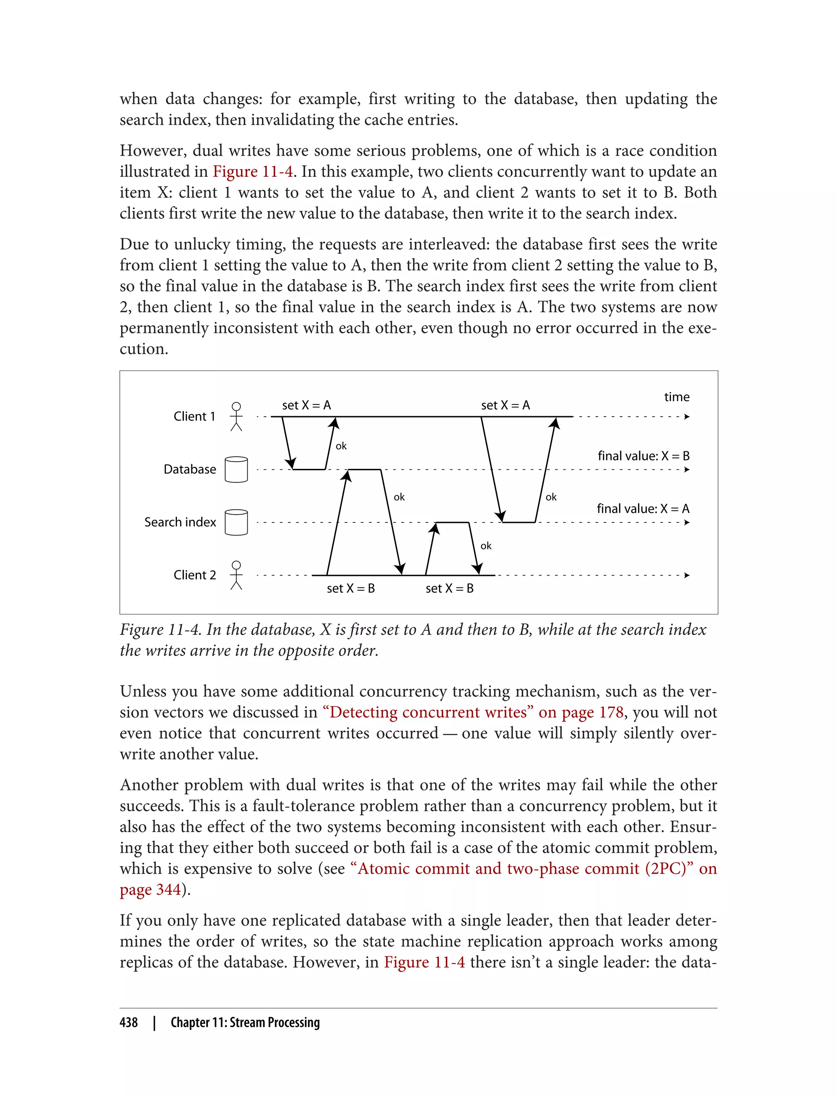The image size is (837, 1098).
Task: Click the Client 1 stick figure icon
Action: (237, 416)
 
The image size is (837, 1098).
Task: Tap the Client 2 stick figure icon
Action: (237, 575)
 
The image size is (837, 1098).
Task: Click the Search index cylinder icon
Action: (236, 522)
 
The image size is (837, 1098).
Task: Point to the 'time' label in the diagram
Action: (676, 397)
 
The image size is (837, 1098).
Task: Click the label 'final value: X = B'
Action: (643, 455)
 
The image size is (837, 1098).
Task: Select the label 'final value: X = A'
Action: (643, 509)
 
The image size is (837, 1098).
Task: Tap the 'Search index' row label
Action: (180, 522)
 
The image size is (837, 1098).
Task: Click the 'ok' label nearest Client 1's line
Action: (341, 446)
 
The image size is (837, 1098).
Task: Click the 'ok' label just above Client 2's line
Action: (486, 546)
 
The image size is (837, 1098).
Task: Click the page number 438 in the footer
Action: (129, 1022)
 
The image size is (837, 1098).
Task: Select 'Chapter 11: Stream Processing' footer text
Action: (245, 1022)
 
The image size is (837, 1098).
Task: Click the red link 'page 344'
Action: (150, 889)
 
